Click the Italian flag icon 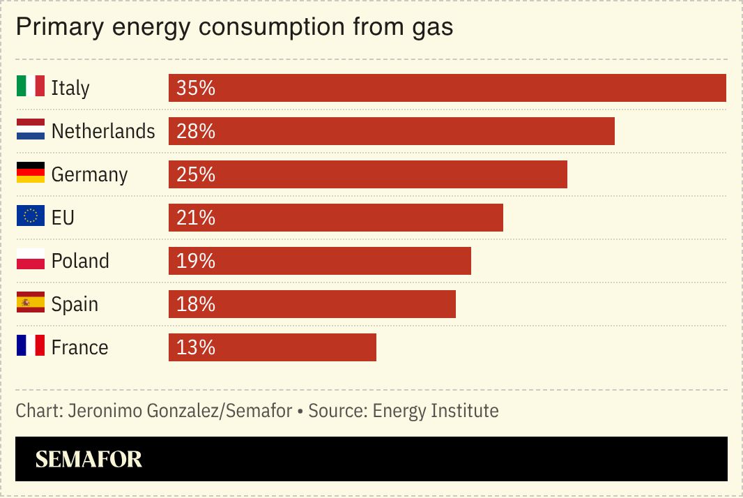tap(31, 86)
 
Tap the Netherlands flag tap(31, 130)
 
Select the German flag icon tap(31, 173)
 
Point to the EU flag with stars tap(31, 216)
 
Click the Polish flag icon tap(31, 259)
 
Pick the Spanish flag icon tap(31, 303)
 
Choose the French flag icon tap(31, 346)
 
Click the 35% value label tap(196, 88)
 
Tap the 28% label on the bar tap(196, 131)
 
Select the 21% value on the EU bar tap(196, 218)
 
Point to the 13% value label tap(196, 347)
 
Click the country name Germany tap(89, 174)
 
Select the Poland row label tap(80, 261)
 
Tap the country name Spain tap(75, 304)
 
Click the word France tap(79, 347)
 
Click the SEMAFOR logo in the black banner tap(89, 459)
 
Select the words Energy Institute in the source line tap(436, 411)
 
